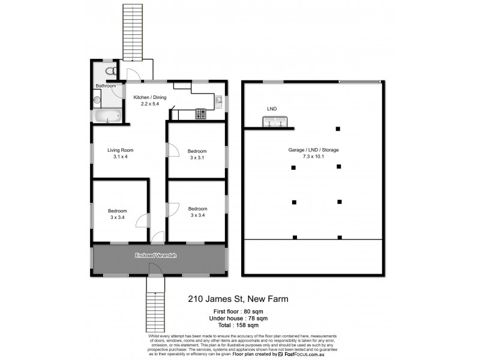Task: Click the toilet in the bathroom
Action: click(108, 71)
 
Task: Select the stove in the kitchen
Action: click(200, 112)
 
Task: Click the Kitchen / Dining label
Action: click(149, 97)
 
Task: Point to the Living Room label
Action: click(120, 150)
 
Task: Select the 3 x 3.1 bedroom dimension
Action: click(197, 157)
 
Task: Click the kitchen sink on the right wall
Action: click(220, 100)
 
